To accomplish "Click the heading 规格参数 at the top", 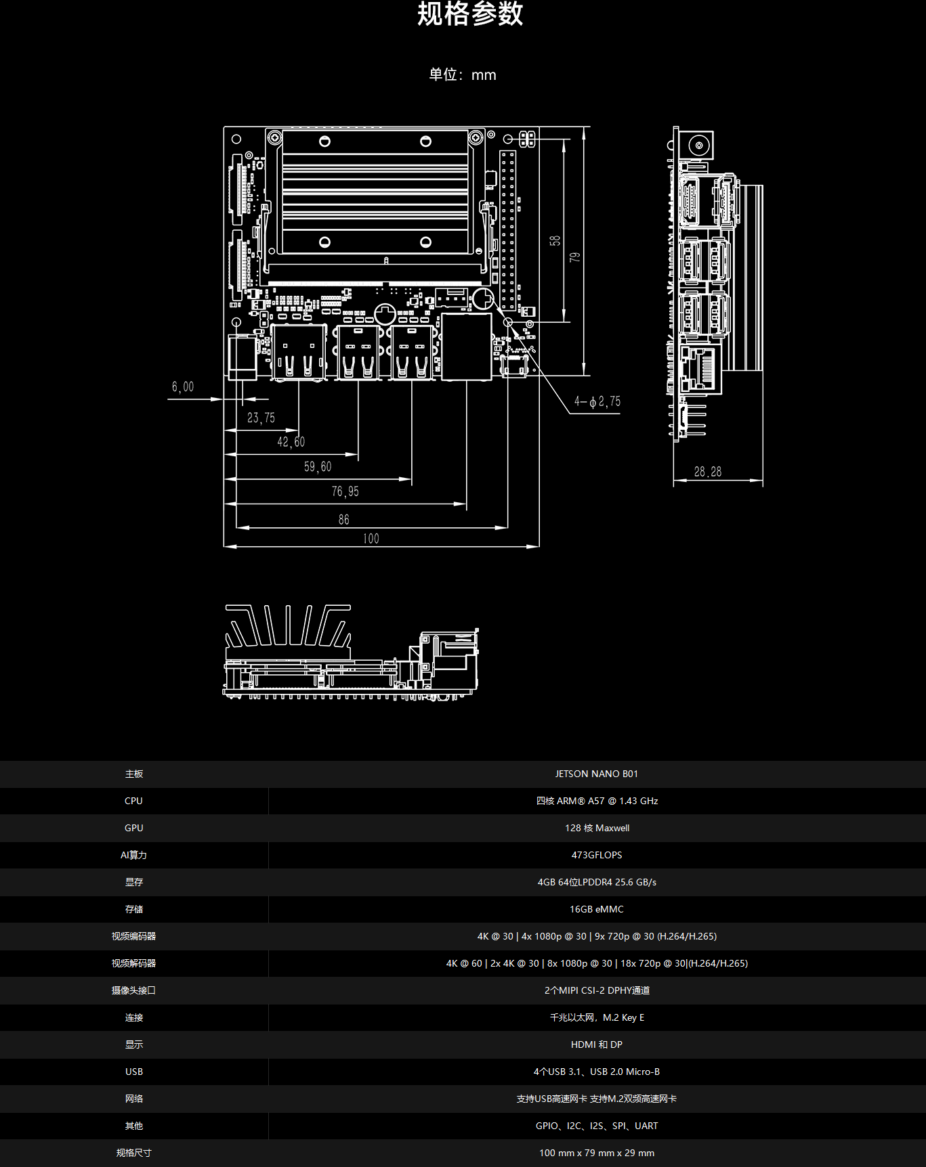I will [470, 14].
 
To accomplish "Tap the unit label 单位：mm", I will [463, 74].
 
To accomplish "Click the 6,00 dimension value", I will [183, 387].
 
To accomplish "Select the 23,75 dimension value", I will [261, 418].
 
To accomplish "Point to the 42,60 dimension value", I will [291, 442].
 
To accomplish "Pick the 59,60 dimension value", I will [318, 466].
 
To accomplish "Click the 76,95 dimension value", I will [345, 491].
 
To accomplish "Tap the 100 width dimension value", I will [371, 539].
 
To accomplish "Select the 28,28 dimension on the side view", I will [707, 472].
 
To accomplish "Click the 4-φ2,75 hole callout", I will [597, 401].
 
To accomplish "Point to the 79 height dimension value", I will [575, 257].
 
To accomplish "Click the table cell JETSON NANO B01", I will [596, 774].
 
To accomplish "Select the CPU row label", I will [133, 801].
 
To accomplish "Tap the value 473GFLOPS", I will [596, 855].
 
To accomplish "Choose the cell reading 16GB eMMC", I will [596, 909].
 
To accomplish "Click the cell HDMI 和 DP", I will [596, 1044].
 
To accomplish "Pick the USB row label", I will [133, 1072].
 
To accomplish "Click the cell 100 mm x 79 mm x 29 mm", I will [596, 1153].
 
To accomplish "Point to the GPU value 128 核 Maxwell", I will [596, 828].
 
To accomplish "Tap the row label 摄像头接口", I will [133, 990].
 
